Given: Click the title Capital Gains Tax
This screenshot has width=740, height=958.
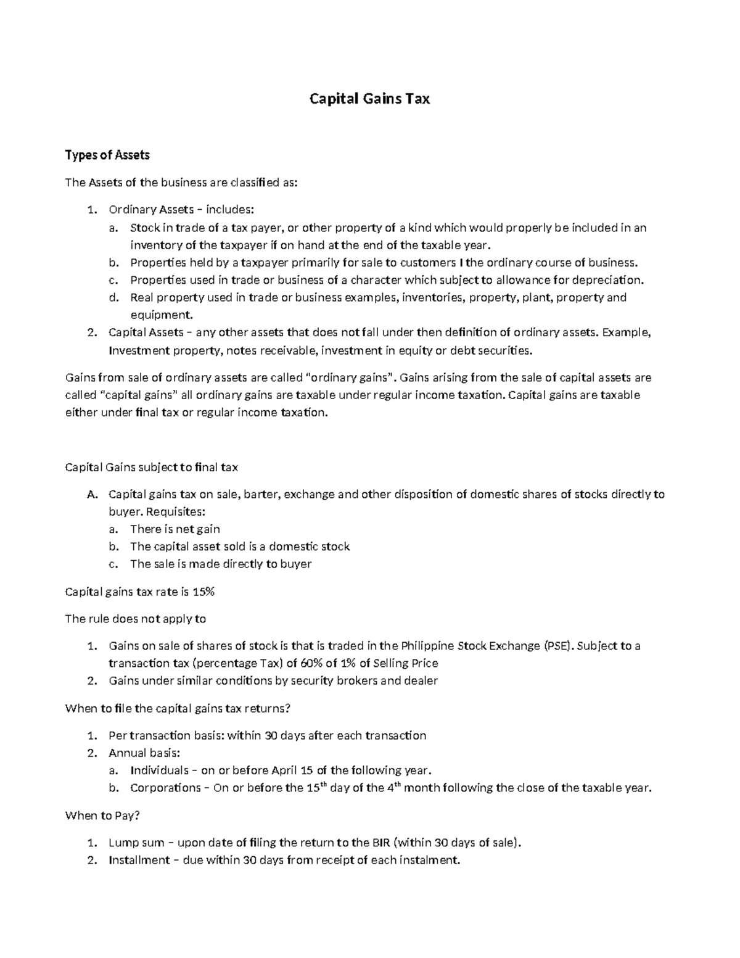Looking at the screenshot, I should coord(369,99).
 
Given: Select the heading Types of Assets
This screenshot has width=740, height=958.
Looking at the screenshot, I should coord(107,155).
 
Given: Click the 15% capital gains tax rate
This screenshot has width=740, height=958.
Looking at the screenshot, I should coord(203,592).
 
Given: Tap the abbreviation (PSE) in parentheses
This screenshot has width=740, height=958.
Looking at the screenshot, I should coord(559,646).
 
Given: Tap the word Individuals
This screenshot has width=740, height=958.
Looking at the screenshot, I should coord(159,770).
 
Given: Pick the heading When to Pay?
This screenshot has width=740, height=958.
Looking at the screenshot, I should coord(102,816).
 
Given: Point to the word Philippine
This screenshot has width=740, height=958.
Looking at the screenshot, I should coord(427,646).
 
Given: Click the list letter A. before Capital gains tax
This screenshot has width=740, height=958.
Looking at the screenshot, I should coord(92,494).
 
